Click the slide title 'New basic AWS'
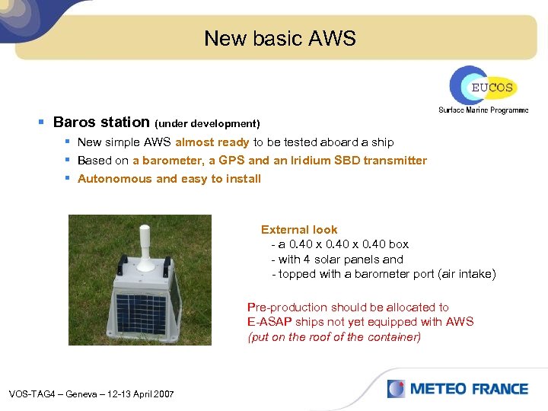pos(279,39)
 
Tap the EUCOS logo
pos(482,86)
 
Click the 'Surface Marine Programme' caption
pos(483,110)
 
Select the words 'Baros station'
pos(102,122)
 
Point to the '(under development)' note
pos(207,123)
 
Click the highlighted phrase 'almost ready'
pos(212,142)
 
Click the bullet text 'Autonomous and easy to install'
pos(169,179)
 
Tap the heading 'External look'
pos(299,229)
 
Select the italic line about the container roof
pos(334,337)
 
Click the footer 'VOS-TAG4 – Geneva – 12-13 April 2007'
pos(91,393)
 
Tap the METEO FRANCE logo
pos(457,389)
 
